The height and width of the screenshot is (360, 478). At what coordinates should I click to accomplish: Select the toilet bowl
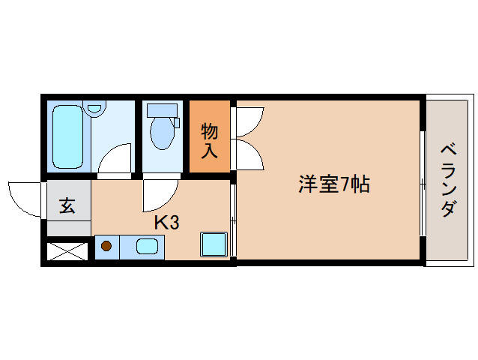[161, 133]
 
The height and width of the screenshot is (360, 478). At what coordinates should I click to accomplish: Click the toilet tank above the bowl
[163, 110]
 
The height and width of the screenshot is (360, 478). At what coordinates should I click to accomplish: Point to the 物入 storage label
[210, 140]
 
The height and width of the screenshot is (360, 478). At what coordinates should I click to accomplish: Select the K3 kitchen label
[166, 222]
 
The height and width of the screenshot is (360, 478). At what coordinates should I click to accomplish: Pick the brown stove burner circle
[106, 245]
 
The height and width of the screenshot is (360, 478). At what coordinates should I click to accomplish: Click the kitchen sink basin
[147, 245]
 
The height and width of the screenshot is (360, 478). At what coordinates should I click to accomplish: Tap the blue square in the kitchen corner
[214, 244]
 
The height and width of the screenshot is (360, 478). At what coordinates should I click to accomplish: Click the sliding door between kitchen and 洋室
[234, 221]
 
